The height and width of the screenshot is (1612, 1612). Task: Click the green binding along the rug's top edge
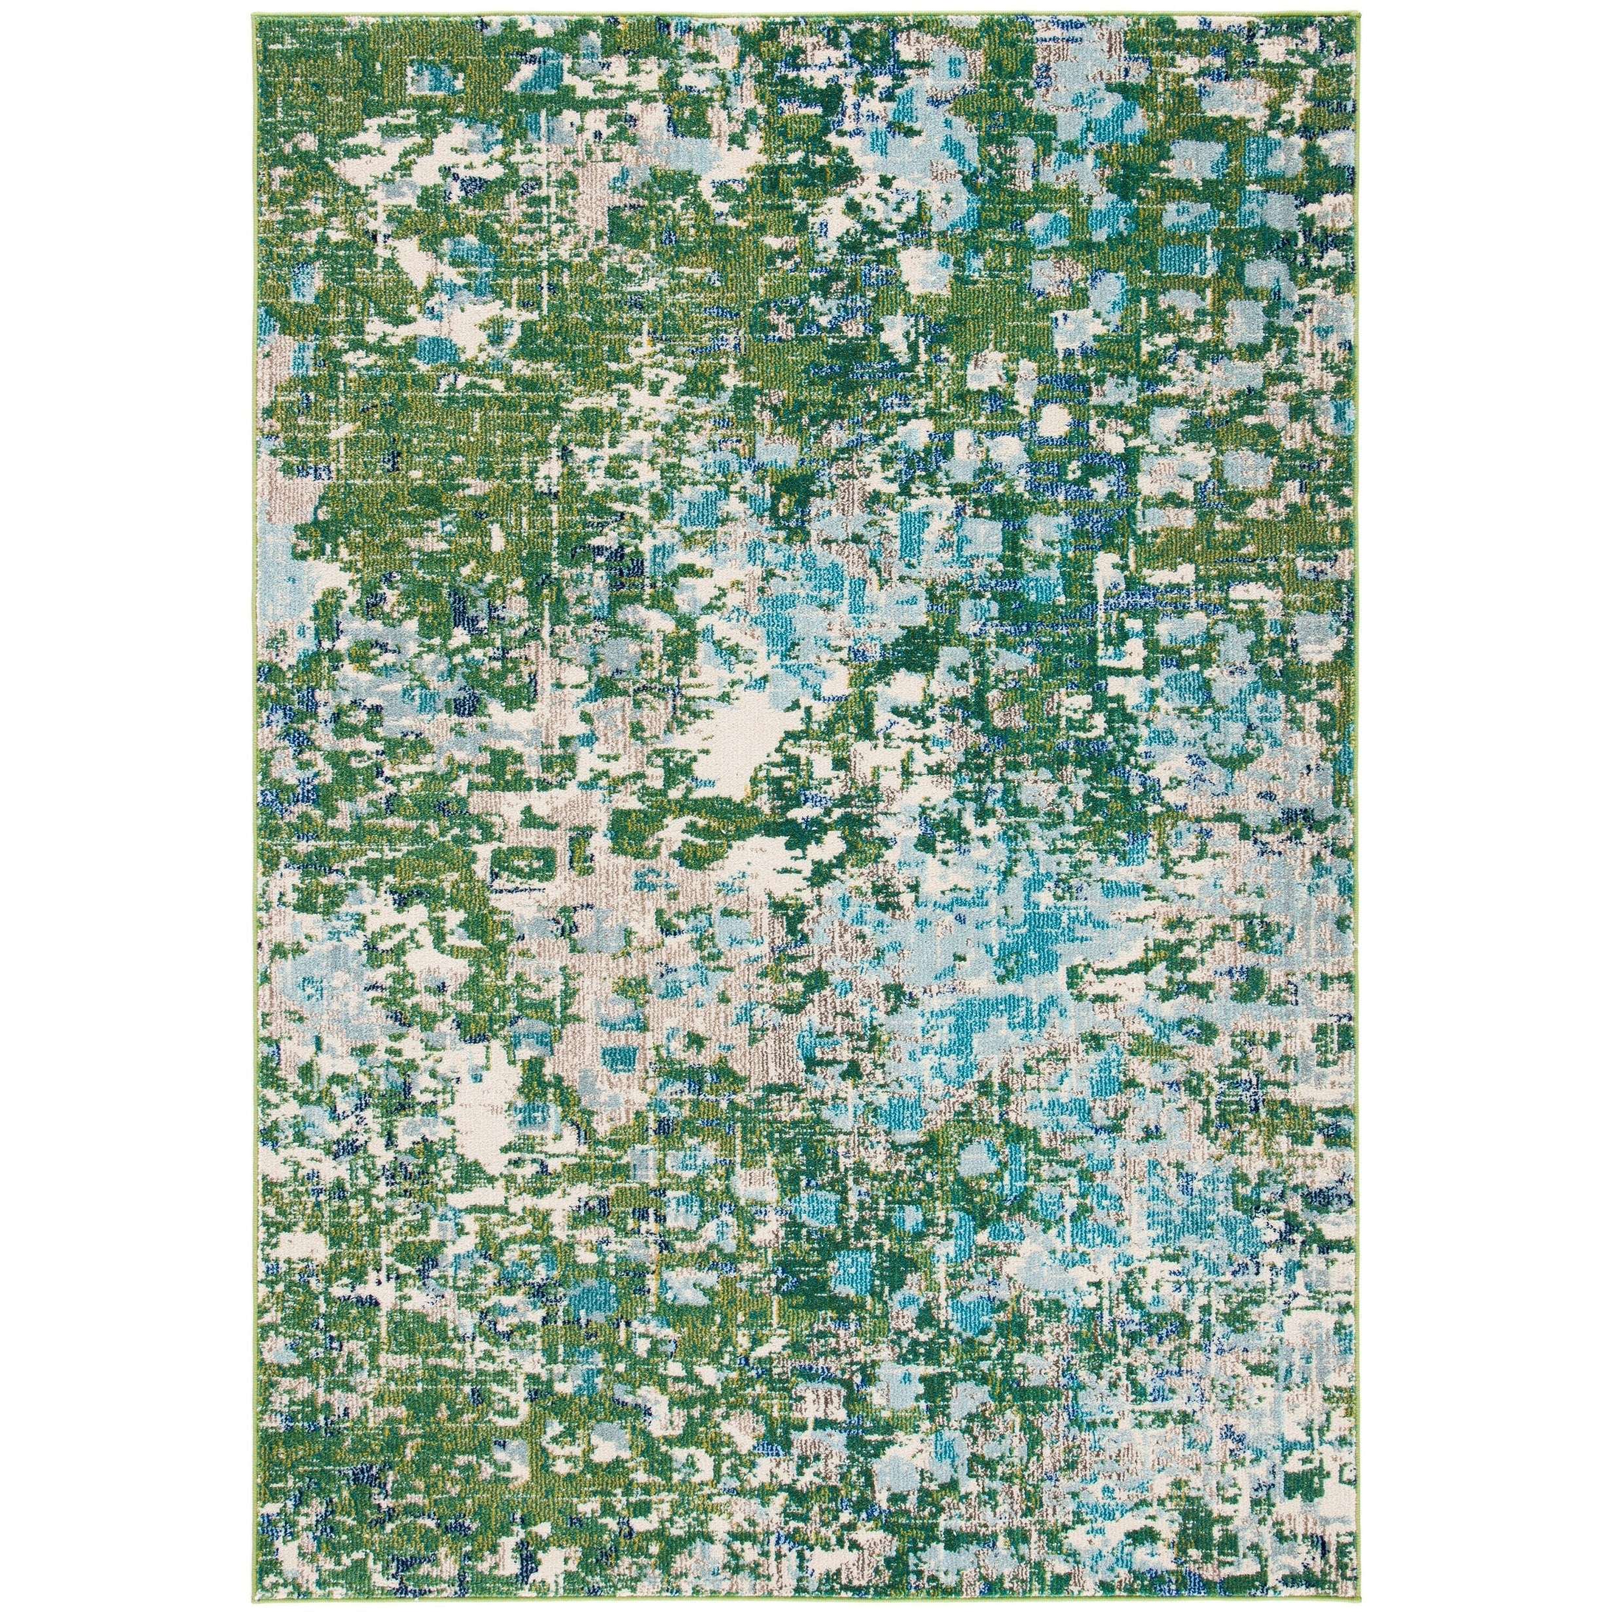click(x=801, y=15)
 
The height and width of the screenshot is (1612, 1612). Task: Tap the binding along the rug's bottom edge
click(x=801, y=1597)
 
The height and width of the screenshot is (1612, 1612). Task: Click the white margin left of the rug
click(x=125, y=801)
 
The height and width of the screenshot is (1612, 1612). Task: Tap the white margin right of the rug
click(x=1485, y=801)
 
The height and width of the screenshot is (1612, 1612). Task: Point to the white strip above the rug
click(x=801, y=6)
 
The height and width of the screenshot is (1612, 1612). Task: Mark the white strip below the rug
click(x=801, y=1606)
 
